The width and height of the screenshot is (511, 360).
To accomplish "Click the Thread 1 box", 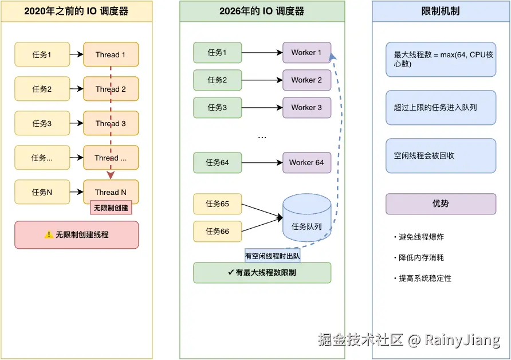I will click(111, 54).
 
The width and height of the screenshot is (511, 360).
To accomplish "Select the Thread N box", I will click(111, 192).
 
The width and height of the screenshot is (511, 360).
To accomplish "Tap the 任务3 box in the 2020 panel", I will click(42, 123).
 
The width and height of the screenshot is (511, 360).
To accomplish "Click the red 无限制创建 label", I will click(111, 207).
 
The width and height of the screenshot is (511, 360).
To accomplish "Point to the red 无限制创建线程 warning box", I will click(76, 234).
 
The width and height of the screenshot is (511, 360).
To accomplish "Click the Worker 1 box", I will click(306, 52).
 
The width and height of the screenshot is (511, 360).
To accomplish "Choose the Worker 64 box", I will click(306, 162).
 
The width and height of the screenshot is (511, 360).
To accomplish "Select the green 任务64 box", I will click(217, 162).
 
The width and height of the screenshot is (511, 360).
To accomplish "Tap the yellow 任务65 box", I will click(217, 204).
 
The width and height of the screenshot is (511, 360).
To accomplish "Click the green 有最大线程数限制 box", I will click(262, 273).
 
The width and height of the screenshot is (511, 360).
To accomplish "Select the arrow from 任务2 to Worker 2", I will click(262, 80).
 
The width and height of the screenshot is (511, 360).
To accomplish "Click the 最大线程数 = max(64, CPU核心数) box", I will click(441, 59).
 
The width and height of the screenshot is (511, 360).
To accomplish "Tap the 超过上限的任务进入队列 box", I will click(441, 107).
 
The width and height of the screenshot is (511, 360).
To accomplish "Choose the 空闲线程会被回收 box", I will click(441, 155).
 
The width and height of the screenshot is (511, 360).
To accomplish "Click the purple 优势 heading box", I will click(441, 204).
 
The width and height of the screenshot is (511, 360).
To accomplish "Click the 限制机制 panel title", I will click(441, 11).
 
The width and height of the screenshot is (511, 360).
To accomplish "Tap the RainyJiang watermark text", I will click(462, 340).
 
